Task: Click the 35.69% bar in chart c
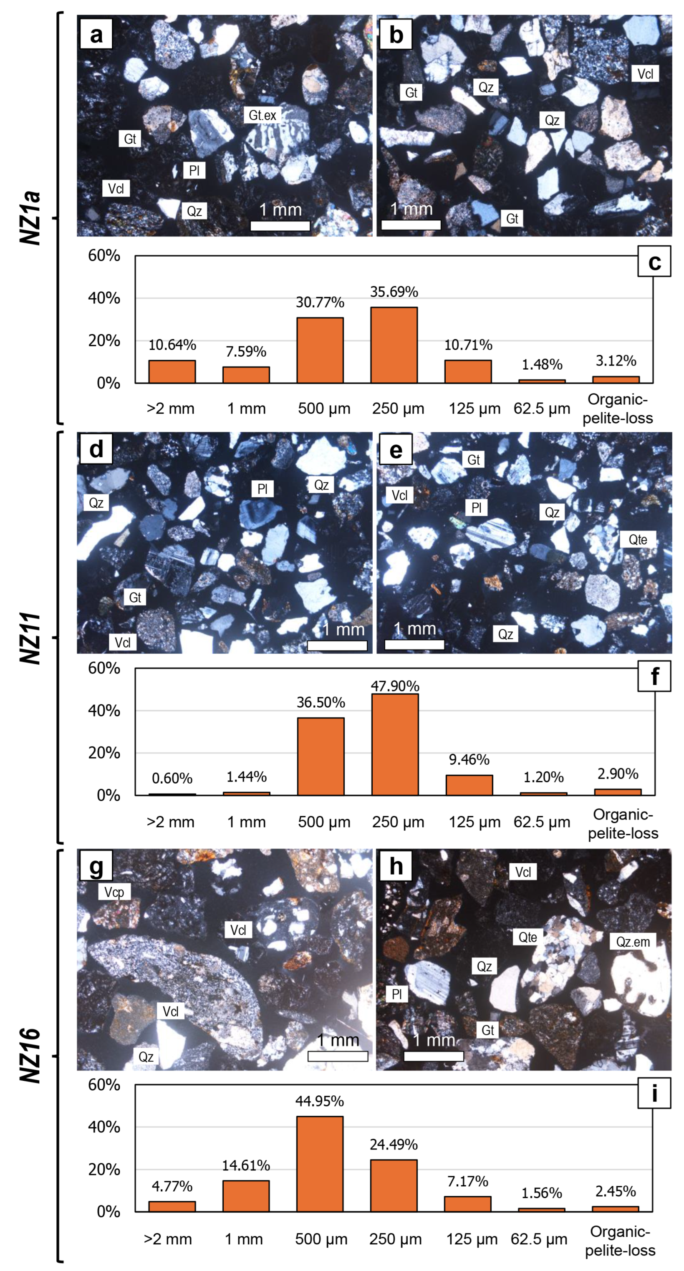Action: [x=394, y=345]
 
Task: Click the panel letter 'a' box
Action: [x=96, y=34]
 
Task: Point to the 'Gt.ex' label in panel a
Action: [x=262, y=115]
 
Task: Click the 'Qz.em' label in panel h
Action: [x=633, y=941]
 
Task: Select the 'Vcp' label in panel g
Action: [x=114, y=892]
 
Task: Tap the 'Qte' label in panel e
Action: [x=638, y=539]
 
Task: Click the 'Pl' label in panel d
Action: [x=262, y=489]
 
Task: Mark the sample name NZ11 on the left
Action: [x=30, y=638]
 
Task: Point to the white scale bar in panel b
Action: [x=411, y=225]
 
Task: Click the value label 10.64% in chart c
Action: [x=172, y=345]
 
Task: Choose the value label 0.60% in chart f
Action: [x=172, y=778]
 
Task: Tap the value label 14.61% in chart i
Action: [x=246, y=1165]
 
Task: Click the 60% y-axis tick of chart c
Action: [x=104, y=256]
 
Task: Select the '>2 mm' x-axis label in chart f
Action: [x=171, y=822]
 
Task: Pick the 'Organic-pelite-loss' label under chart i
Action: [x=620, y=1241]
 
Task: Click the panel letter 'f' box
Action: [x=654, y=676]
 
